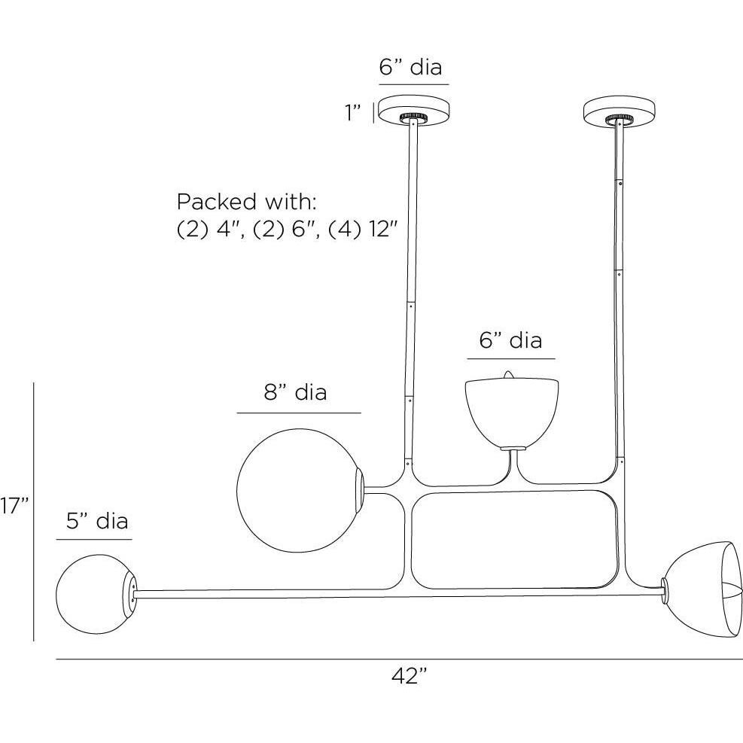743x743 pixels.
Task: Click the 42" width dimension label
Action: (x=410, y=676)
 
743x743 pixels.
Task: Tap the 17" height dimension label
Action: (x=14, y=506)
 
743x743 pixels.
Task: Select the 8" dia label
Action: (x=295, y=392)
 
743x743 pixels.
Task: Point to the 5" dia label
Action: (x=97, y=521)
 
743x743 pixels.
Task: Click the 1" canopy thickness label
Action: (x=353, y=112)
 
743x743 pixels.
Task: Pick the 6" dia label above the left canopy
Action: (x=410, y=67)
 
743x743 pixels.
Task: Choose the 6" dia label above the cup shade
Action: (x=510, y=340)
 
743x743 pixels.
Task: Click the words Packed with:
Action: (x=246, y=202)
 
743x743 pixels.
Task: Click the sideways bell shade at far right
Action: (x=702, y=595)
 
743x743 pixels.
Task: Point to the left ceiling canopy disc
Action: (x=414, y=110)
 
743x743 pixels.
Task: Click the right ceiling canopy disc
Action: (x=620, y=111)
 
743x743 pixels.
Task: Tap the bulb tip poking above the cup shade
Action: (x=508, y=375)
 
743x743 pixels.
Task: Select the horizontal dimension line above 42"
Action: (x=400, y=659)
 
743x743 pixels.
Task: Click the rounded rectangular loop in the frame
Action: (x=515, y=541)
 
